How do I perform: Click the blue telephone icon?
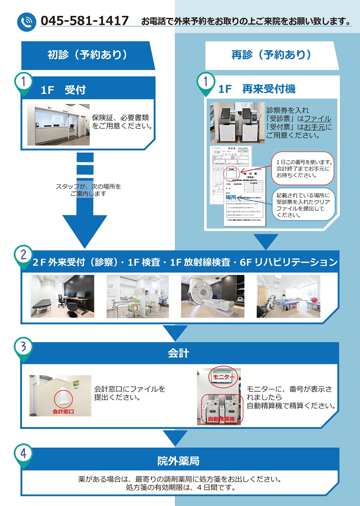coord(27,22)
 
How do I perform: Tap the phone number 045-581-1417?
coord(84,21)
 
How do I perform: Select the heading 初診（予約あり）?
coord(87,55)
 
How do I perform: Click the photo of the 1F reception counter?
coord(58,125)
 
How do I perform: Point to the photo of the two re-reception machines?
coord(237,123)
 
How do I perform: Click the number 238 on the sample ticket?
coord(217,152)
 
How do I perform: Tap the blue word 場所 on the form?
coord(231,197)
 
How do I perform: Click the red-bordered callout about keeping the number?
coord(303,169)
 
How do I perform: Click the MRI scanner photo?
coord(212,297)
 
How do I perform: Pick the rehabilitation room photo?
coord(288,297)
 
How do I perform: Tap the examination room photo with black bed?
coord(62,297)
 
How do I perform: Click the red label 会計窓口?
coord(63,411)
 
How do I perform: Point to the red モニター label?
coord(223,377)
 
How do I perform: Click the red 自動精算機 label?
coord(221,419)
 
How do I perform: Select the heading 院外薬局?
coord(178,461)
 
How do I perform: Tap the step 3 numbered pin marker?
coord(23,347)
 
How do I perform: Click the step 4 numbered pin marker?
coord(23,454)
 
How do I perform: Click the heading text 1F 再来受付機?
coord(257,89)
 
